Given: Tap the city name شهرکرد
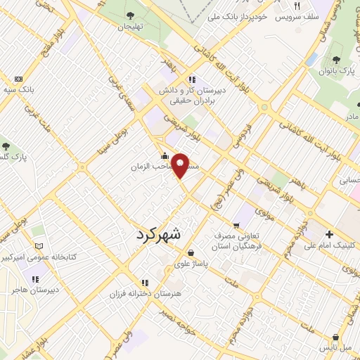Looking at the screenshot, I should tap(158, 236).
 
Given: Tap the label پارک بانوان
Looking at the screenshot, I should tap(333, 70).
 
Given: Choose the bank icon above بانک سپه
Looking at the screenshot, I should tap(18, 78).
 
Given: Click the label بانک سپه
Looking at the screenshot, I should tap(18, 90).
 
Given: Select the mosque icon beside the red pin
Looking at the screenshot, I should tap(165, 156).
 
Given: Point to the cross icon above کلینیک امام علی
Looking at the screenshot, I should tap(330, 233).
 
